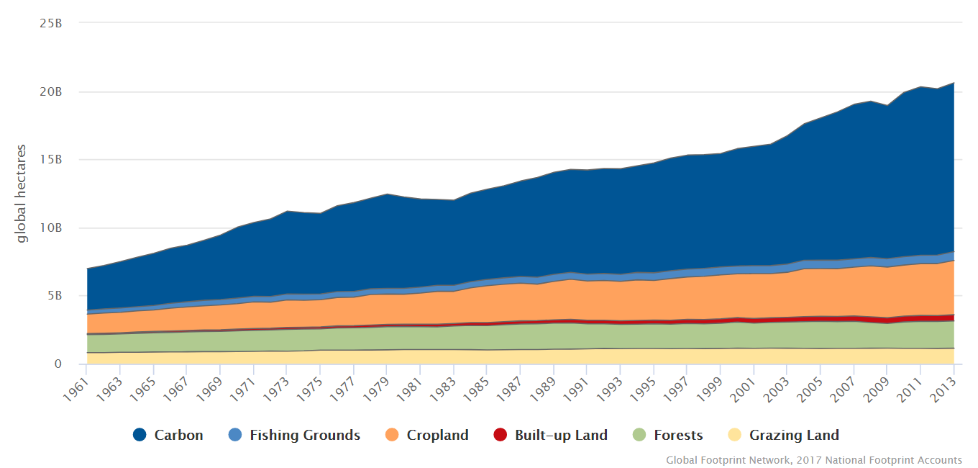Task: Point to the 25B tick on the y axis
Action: pyautogui.click(x=51, y=23)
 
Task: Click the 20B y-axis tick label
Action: pyautogui.click(x=51, y=91)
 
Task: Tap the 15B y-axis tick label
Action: pyautogui.click(x=51, y=159)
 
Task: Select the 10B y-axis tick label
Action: pyautogui.click(x=51, y=228)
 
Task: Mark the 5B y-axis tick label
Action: pyautogui.click(x=54, y=295)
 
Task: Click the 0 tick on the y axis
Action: pyautogui.click(x=58, y=364)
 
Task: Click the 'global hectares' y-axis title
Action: pyautogui.click(x=22, y=194)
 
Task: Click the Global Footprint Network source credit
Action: pyautogui.click(x=813, y=460)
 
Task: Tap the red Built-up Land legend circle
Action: pyautogui.click(x=500, y=435)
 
